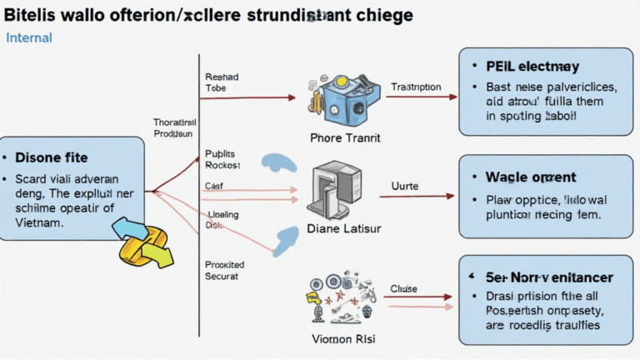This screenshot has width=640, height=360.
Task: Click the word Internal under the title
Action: (29, 37)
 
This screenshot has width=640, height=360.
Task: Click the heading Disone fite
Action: (51, 157)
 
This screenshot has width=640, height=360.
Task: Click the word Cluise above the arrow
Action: (404, 288)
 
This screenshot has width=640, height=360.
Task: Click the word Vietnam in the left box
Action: (40, 224)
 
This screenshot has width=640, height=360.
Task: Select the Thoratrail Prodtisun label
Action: (173, 127)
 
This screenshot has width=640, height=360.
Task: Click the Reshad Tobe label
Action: (221, 82)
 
